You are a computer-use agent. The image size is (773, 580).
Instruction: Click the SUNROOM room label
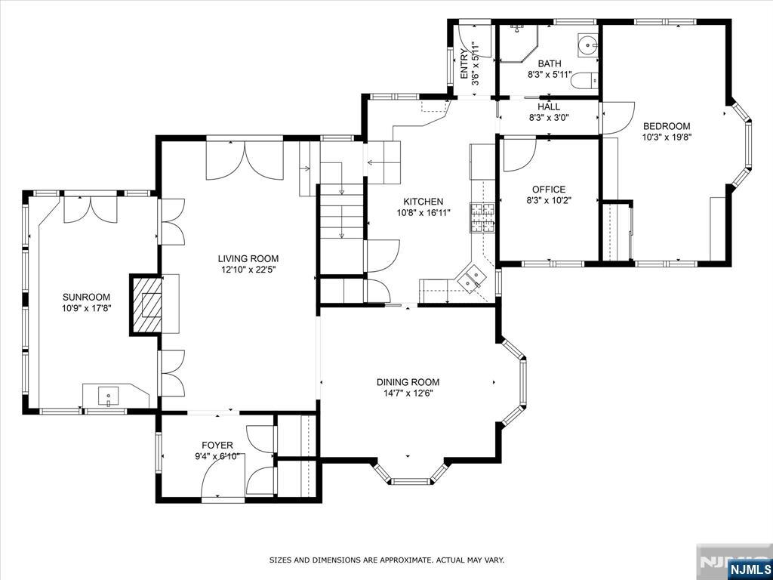(x=86, y=297)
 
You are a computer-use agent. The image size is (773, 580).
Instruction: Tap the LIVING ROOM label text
(x=248, y=258)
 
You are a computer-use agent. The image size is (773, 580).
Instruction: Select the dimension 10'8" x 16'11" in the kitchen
(x=423, y=212)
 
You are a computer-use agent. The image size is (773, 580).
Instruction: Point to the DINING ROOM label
(x=408, y=381)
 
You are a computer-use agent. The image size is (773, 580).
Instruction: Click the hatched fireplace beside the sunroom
(x=146, y=305)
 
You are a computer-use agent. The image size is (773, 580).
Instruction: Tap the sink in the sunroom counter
(x=109, y=396)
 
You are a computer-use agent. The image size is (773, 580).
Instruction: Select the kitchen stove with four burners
(x=483, y=218)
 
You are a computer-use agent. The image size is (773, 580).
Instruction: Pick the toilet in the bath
(x=584, y=80)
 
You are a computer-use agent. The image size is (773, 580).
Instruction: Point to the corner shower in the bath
(x=517, y=43)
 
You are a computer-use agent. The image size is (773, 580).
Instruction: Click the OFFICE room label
(x=548, y=190)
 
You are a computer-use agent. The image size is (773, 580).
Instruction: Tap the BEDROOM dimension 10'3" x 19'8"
(x=667, y=137)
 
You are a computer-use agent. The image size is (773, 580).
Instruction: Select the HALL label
(x=549, y=106)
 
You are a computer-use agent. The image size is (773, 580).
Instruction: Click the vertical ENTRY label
(x=465, y=64)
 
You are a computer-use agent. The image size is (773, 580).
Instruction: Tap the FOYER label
(x=217, y=446)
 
